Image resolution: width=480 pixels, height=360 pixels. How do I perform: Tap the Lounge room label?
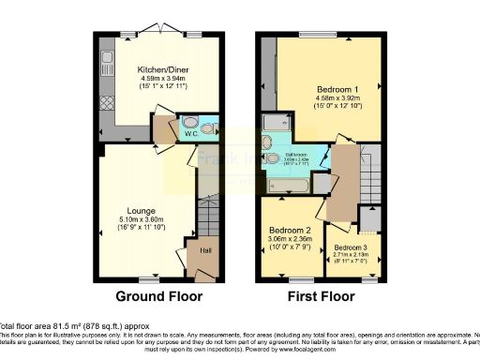point(142,210)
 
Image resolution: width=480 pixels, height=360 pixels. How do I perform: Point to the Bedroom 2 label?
point(290,230)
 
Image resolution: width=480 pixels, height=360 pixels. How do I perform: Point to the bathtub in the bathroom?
point(291,187)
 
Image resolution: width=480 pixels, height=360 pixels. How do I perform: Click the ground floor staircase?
point(208,219)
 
